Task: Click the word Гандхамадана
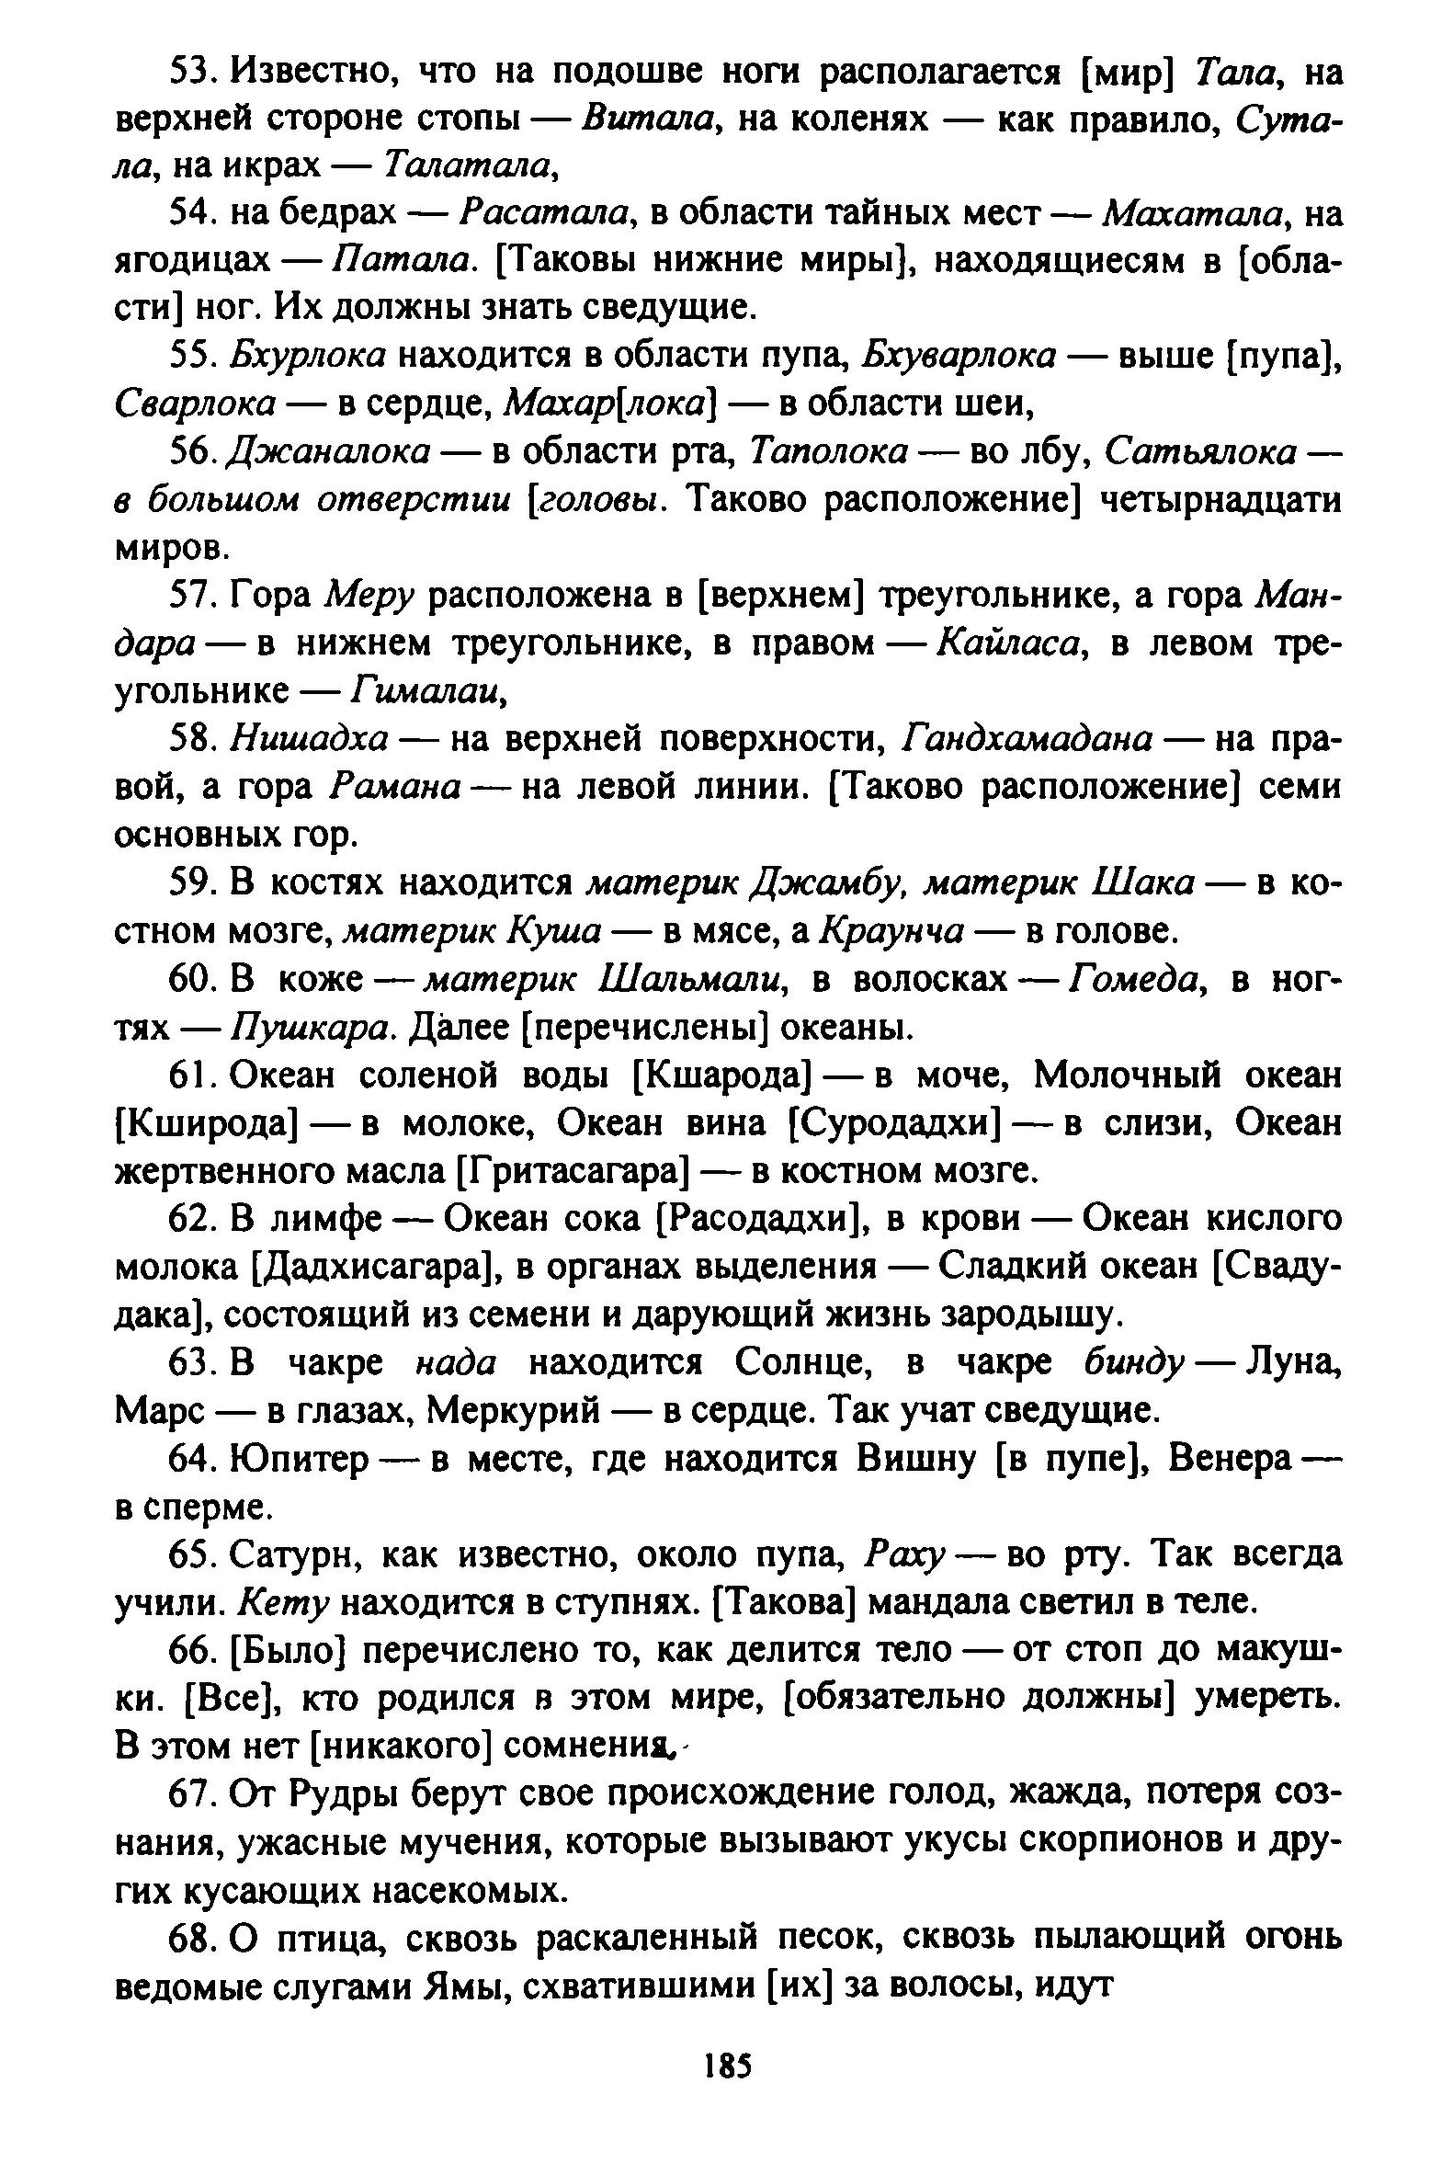1027,738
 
